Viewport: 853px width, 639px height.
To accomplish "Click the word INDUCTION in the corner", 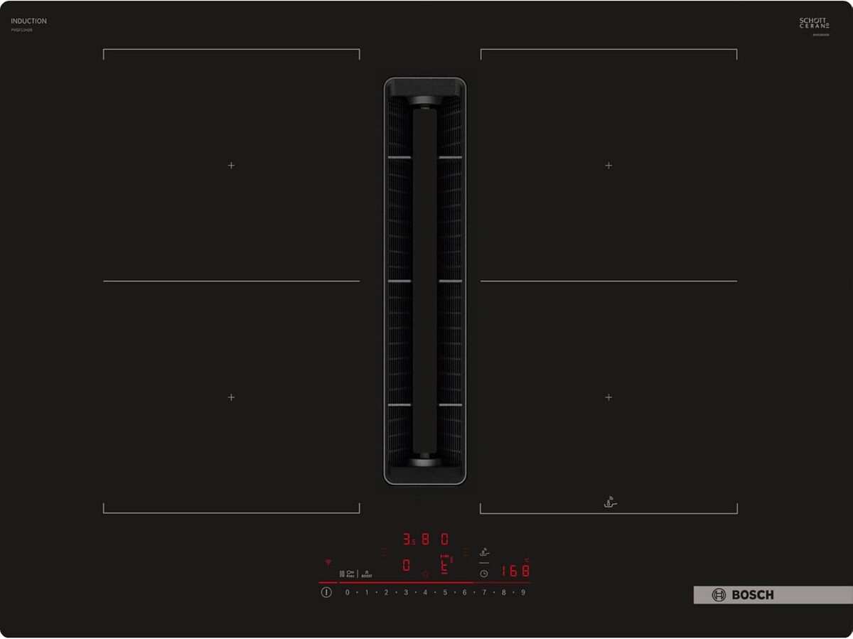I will pyautogui.click(x=28, y=21).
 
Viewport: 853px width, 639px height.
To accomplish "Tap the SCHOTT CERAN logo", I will pyautogui.click(x=814, y=23).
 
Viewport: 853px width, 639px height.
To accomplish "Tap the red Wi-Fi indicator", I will pyautogui.click(x=328, y=562).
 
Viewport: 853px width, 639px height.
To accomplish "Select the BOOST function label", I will pyautogui.click(x=366, y=574).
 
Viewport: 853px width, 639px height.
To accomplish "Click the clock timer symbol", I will pyautogui.click(x=483, y=573).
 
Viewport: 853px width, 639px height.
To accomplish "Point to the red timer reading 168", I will pyautogui.click(x=515, y=571).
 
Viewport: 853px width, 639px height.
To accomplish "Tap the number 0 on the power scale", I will pyautogui.click(x=348, y=592).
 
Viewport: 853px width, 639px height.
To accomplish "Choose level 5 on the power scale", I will pyautogui.click(x=445, y=592).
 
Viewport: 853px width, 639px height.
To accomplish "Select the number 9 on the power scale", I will pyautogui.click(x=523, y=592).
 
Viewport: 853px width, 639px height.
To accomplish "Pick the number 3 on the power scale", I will pyautogui.click(x=406, y=592).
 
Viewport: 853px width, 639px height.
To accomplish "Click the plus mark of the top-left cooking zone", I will pyautogui.click(x=231, y=165).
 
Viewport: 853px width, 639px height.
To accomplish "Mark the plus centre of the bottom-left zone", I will pyautogui.click(x=231, y=397).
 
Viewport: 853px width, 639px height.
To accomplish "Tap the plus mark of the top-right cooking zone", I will pyautogui.click(x=608, y=165).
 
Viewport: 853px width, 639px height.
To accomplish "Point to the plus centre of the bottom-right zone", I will pyautogui.click(x=608, y=397).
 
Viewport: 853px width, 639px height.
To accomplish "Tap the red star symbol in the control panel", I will pyautogui.click(x=425, y=573).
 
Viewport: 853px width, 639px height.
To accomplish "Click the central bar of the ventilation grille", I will pyautogui.click(x=425, y=281).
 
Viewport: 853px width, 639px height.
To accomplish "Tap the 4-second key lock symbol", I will pyautogui.click(x=350, y=573).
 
